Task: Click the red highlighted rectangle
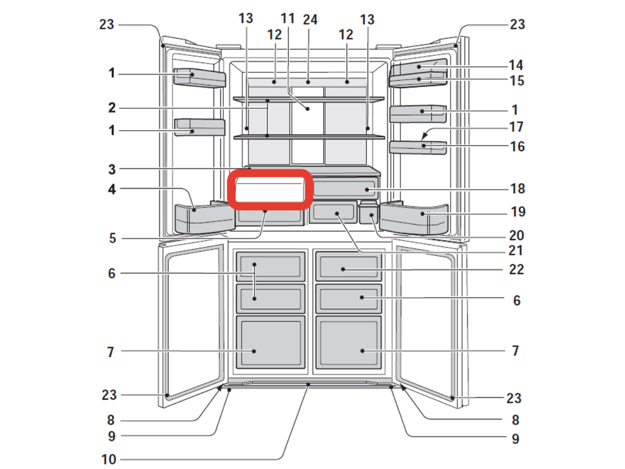270,189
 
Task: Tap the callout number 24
310,19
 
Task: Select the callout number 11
287,18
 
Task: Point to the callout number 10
108,460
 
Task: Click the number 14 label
516,65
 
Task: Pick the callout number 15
517,81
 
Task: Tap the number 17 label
516,127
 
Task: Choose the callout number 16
517,146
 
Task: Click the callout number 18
517,189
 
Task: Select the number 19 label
518,211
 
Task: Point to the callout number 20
517,235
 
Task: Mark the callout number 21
516,251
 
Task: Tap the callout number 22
516,270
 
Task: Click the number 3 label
112,169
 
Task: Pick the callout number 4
112,189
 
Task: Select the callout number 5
112,238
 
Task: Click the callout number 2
112,108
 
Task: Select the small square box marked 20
369,215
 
